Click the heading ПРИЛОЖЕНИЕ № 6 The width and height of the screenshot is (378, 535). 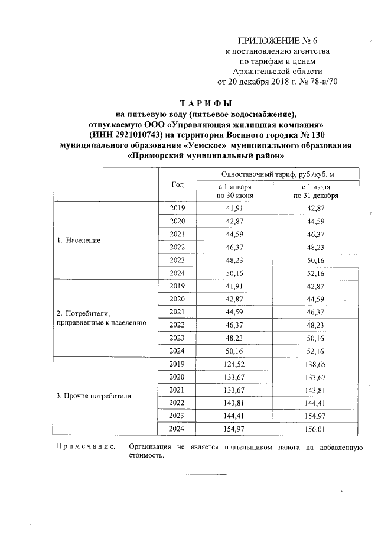pos(277,41)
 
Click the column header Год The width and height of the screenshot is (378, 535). pos(177,185)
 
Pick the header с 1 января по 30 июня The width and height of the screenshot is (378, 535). pos(236,191)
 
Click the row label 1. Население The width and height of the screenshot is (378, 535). pos(79,241)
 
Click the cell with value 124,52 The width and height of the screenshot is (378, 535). pos(235,363)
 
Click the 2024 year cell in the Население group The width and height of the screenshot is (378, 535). pos(177,274)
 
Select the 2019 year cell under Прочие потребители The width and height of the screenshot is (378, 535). pos(177,363)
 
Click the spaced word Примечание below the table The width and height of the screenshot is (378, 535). pos(85,448)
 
